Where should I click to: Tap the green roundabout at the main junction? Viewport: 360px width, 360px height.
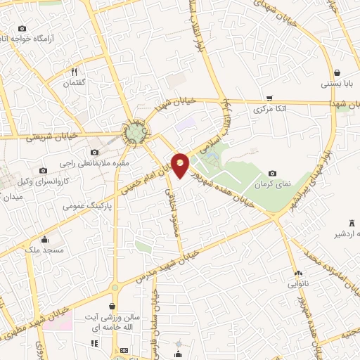pos(134,131)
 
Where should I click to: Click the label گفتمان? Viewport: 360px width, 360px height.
pos(74,83)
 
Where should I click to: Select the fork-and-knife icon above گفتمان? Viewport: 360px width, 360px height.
pos(74,72)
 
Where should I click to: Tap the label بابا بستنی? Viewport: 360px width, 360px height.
pos(335,83)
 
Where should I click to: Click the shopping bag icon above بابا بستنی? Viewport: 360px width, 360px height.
pos(337,72)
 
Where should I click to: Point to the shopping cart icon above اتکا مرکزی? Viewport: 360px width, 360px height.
pos(269,98)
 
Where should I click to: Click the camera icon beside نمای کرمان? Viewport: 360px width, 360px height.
pos(273,174)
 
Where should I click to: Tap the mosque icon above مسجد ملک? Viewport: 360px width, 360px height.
pos(45,239)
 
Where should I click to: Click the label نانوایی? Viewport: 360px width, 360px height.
pos(296,285)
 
